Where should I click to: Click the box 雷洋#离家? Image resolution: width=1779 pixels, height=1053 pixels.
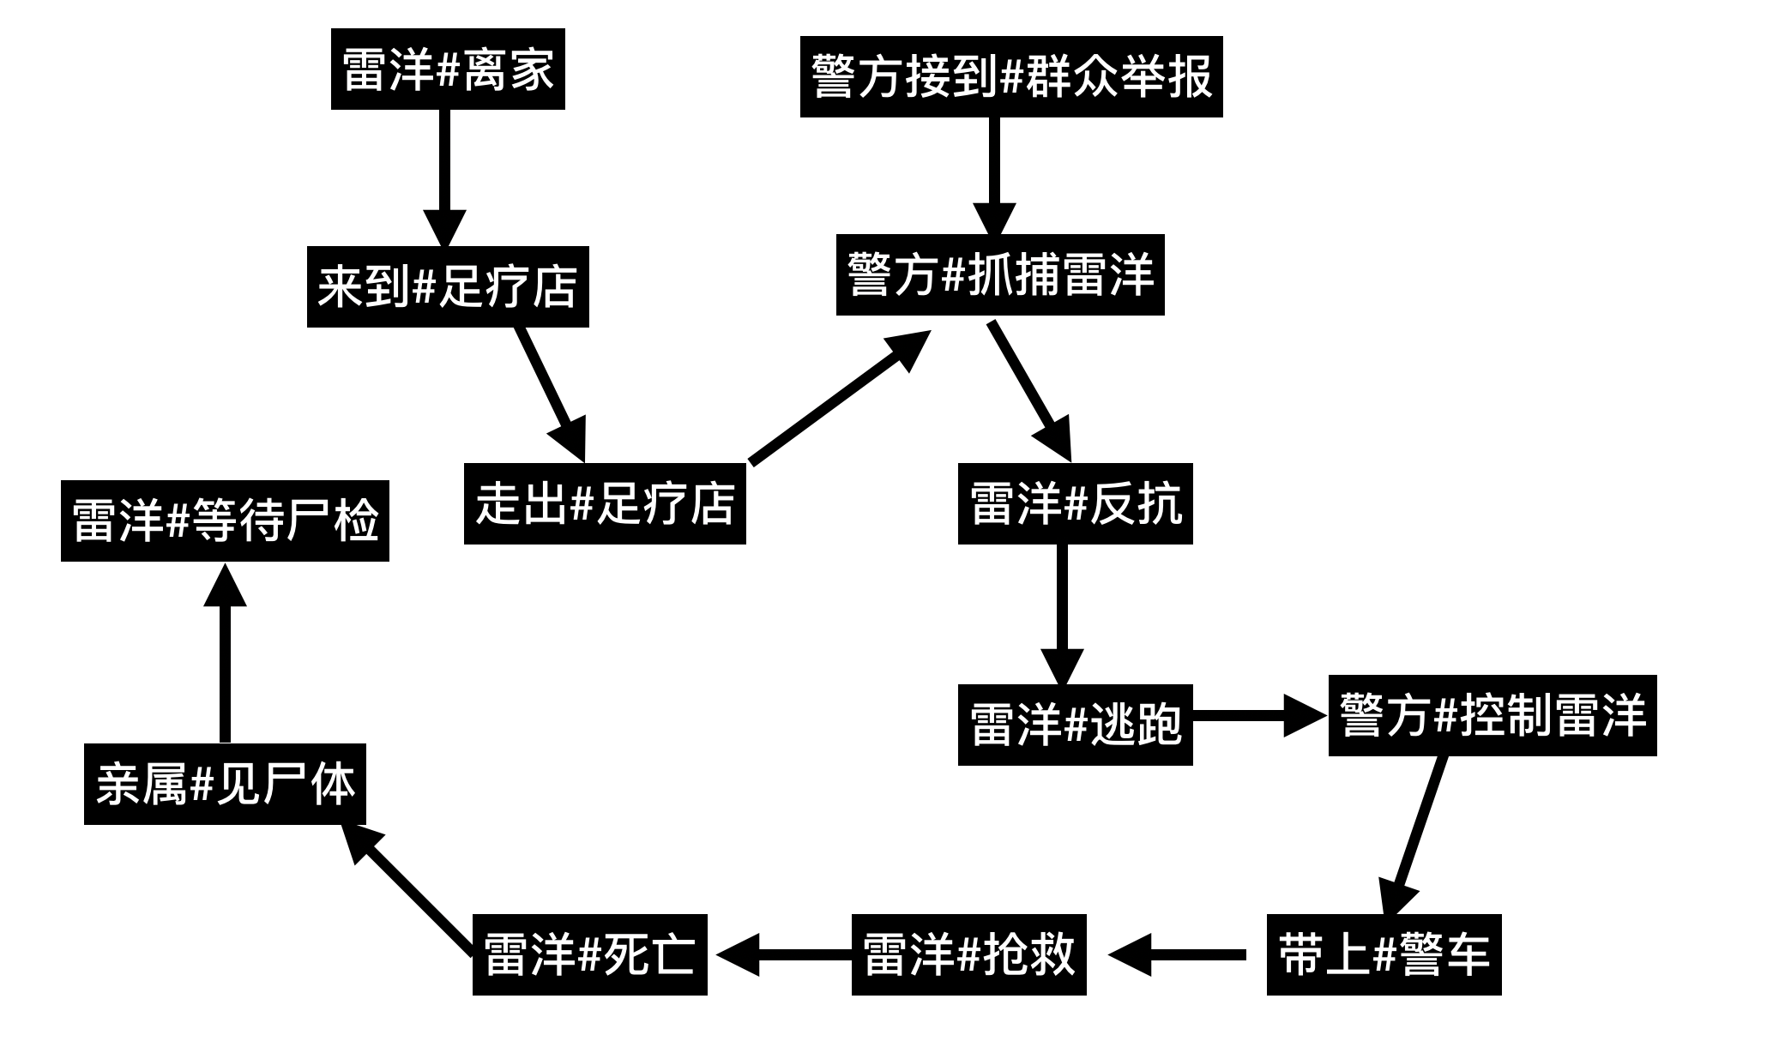click(x=448, y=69)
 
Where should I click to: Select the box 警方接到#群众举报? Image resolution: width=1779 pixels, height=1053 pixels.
click(x=1010, y=77)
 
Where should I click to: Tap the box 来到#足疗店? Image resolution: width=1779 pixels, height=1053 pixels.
click(x=448, y=286)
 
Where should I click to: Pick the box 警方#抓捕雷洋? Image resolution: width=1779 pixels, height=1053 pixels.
click(x=1000, y=274)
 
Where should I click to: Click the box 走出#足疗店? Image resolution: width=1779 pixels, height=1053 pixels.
click(x=605, y=503)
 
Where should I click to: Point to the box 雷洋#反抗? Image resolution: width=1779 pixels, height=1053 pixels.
click(x=1075, y=503)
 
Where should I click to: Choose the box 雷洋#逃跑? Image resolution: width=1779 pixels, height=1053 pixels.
click(x=1075, y=725)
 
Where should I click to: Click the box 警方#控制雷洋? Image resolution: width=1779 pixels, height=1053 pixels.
click(x=1492, y=715)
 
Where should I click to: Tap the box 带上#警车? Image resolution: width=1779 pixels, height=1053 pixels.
click(x=1384, y=954)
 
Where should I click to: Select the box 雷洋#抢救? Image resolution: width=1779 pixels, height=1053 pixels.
click(x=968, y=954)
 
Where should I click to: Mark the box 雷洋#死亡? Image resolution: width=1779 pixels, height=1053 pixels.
click(x=589, y=954)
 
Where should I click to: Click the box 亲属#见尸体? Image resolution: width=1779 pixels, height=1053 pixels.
click(x=225, y=784)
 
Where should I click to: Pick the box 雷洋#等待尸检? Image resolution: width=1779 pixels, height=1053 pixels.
click(x=225, y=520)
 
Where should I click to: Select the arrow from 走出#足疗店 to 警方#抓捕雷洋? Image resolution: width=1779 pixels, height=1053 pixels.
click(x=836, y=399)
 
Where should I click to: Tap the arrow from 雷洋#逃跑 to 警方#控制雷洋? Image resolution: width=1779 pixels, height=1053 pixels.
click(x=1257, y=715)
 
